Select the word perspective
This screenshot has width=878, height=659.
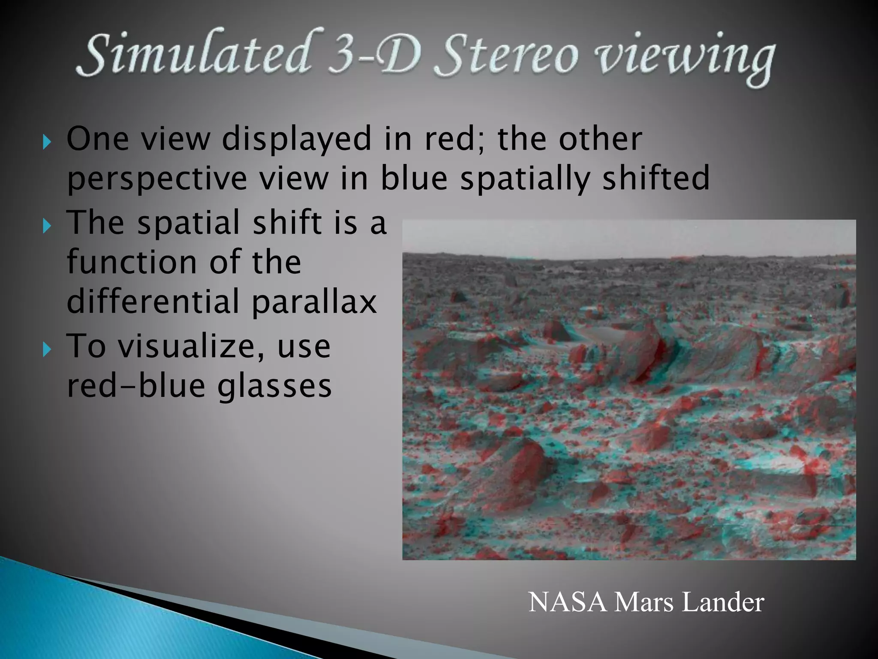click(x=157, y=179)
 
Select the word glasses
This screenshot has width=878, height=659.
click(x=274, y=386)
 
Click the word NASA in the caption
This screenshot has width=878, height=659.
click(x=568, y=602)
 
